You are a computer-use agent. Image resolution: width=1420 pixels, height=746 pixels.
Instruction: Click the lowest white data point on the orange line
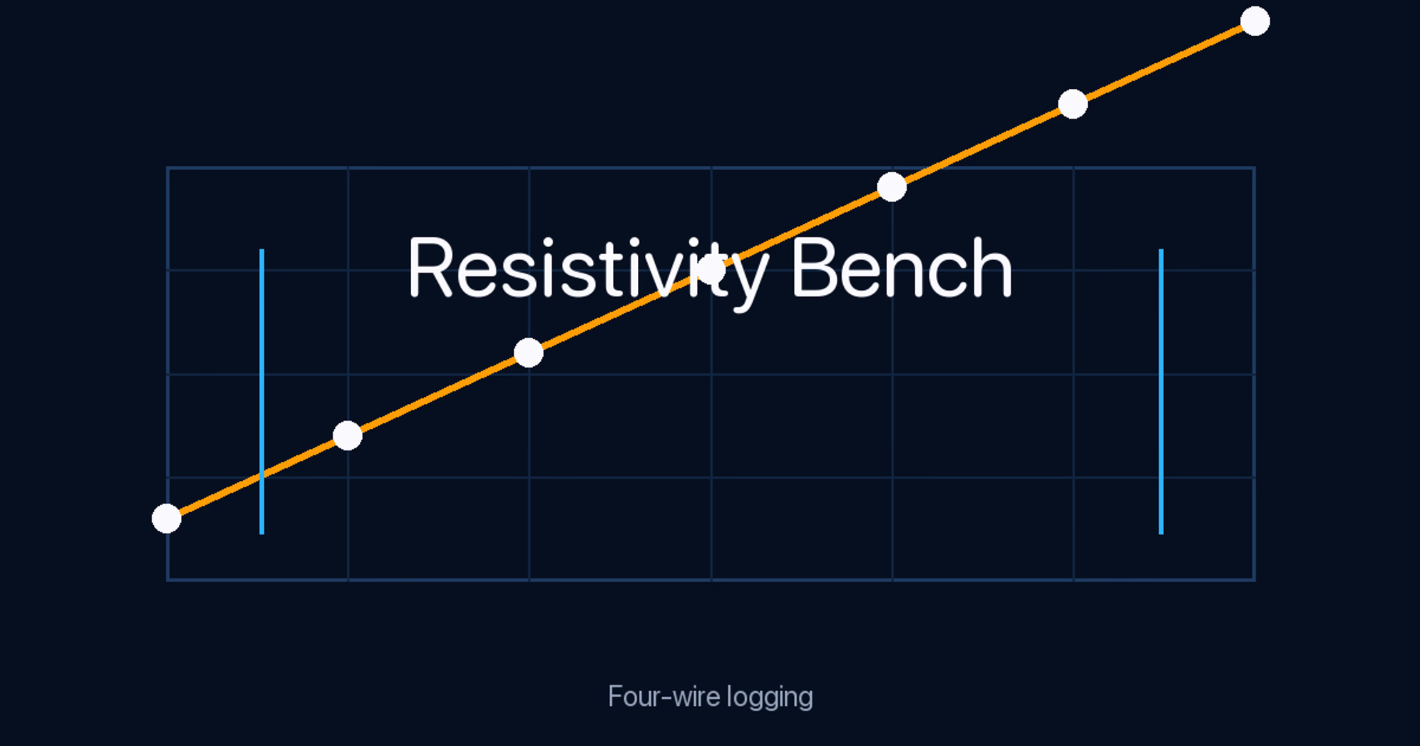coord(166,518)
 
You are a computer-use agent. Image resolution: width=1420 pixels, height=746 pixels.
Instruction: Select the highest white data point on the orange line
coord(1254,21)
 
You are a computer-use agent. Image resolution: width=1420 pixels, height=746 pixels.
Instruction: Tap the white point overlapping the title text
coord(711,270)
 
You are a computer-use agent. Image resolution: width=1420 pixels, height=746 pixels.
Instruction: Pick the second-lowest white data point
coord(347,436)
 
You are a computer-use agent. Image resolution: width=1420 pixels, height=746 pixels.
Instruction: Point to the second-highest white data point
coord(1073,104)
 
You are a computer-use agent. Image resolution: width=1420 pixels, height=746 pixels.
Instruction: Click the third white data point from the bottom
coord(528,353)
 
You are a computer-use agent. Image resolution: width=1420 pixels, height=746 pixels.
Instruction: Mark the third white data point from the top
coord(892,187)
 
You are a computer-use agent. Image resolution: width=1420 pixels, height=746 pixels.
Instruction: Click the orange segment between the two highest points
coord(1163,62)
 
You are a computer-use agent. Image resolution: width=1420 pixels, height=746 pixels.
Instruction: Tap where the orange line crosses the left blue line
coord(261,475)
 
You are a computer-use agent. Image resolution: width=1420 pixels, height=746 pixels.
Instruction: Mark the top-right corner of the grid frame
coord(1254,168)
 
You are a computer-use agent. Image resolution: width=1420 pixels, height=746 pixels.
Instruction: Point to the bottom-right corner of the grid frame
coord(1254,579)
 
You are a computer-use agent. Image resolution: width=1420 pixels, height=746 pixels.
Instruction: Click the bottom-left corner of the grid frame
coord(168,579)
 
